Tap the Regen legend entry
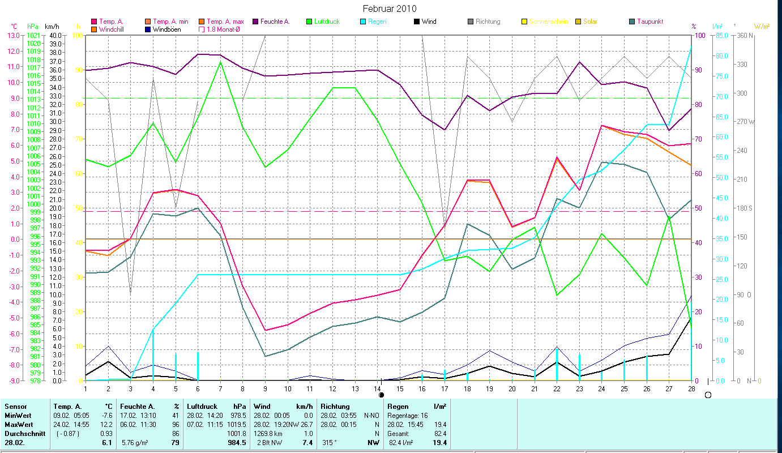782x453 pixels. pos(378,22)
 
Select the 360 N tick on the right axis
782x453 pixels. pos(746,35)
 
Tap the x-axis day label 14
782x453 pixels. pos(378,387)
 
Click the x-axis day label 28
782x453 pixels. pos(691,387)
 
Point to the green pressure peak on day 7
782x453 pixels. pos(220,62)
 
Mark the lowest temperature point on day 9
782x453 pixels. pos(266,330)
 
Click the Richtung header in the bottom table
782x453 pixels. pos(335,406)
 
